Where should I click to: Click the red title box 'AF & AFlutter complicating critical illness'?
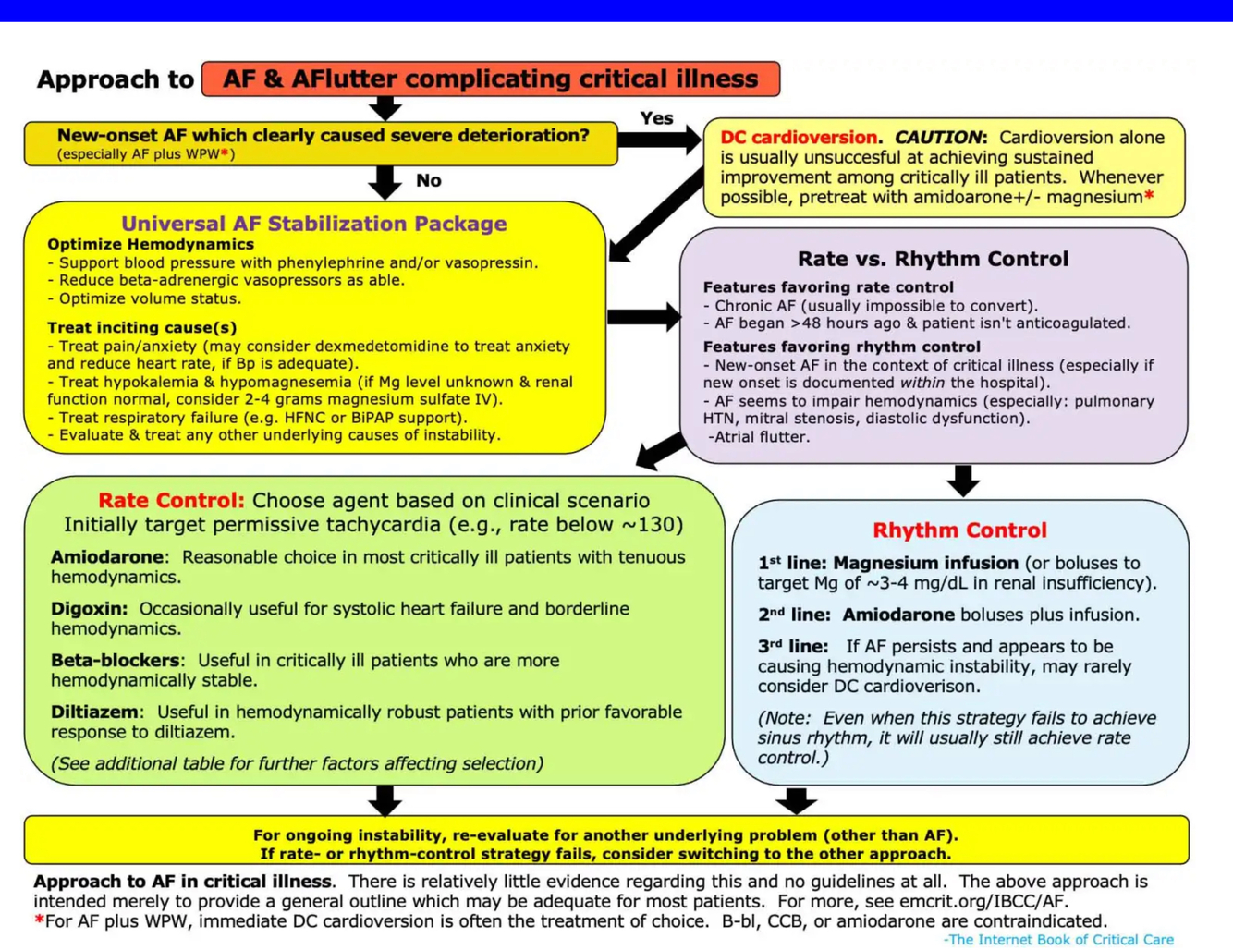coord(490,79)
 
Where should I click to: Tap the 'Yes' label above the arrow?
coord(656,118)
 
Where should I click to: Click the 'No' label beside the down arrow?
coord(428,180)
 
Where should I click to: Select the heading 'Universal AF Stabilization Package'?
coord(313,224)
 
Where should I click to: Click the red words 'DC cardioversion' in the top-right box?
coord(799,138)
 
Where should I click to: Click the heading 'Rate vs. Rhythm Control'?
coord(932,259)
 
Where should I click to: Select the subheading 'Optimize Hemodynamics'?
coord(151,244)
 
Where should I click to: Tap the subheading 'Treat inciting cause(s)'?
coord(141,327)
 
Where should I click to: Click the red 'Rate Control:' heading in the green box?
coord(171,500)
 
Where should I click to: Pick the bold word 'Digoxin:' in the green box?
coord(89,609)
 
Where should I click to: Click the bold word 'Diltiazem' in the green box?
coord(95,712)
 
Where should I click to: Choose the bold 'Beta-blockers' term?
coord(116,661)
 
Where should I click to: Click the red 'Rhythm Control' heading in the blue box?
coord(959,530)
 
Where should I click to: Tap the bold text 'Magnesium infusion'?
coord(925,563)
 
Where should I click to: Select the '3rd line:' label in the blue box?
coord(792,647)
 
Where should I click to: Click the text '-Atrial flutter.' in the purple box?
coord(759,437)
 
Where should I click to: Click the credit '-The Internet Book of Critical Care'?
coord(1058,939)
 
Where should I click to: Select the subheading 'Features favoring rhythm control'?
coord(841,347)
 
